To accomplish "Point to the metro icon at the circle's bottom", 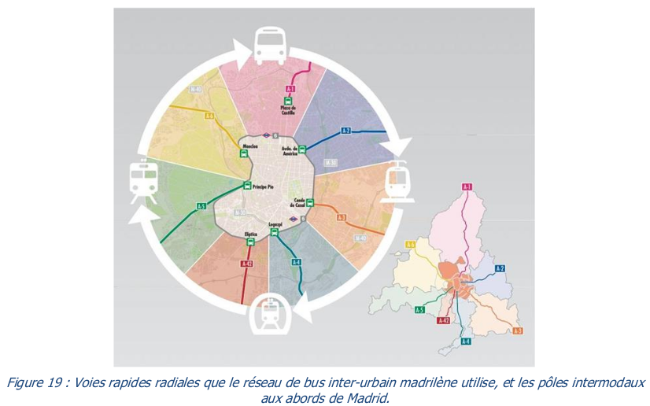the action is tap(271, 316).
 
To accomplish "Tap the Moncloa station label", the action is tap(250, 146).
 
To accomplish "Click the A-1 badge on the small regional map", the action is tap(467, 186).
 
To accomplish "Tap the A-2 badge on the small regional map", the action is tap(499, 268).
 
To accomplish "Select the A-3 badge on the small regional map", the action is tap(517, 330).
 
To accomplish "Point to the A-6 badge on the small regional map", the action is tap(410, 245).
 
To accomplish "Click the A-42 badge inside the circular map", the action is tap(247, 263).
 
